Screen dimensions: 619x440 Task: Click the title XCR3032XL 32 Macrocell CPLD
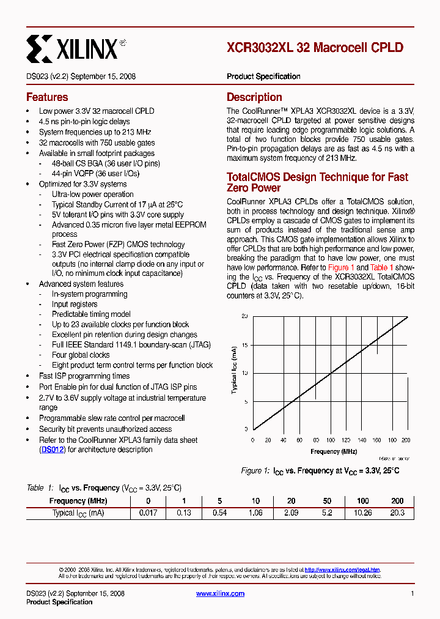coord(315,48)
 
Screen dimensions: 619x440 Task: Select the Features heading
coord(47,97)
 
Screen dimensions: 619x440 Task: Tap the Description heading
coord(254,97)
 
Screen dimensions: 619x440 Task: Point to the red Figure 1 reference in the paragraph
coord(341,267)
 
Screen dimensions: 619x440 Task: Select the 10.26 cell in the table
coord(362,513)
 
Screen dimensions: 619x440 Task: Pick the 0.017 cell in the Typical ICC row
coord(149,513)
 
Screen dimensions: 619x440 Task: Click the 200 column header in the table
coord(397,501)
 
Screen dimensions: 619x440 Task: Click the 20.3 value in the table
coord(397,513)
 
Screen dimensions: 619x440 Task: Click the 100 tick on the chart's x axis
coord(331,440)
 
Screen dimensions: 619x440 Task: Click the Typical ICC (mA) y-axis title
coord(234,369)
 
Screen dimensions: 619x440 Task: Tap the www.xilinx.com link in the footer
coord(220,593)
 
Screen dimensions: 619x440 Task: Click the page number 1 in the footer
coord(413,593)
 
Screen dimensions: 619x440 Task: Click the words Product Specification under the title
coord(263,76)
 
